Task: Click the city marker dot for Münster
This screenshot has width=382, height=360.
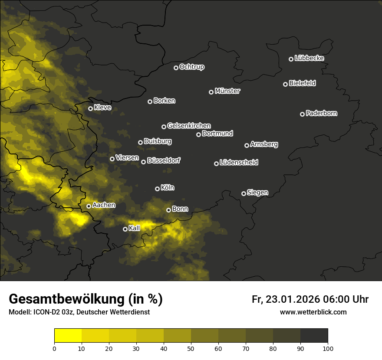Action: (x=211, y=92)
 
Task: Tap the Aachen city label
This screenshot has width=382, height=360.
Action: (x=104, y=205)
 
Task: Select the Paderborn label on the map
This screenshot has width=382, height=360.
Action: (x=321, y=113)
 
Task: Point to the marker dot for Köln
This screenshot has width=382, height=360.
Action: (x=157, y=189)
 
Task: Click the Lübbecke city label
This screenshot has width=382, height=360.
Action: (x=309, y=58)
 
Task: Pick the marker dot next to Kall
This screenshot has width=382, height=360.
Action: (x=125, y=229)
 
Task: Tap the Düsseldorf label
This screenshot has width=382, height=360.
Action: (x=163, y=160)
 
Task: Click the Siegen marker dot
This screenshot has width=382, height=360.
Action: (x=244, y=193)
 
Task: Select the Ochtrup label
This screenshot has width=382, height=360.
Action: (x=191, y=67)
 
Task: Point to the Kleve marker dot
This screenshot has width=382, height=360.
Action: (x=90, y=108)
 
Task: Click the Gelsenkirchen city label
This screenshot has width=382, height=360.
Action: (x=189, y=126)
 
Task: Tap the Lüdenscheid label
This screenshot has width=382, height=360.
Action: (x=239, y=163)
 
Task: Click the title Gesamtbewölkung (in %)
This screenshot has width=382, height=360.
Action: (x=86, y=299)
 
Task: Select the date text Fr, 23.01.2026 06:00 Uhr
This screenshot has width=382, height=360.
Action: (x=310, y=299)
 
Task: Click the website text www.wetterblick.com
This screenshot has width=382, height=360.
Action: (x=313, y=312)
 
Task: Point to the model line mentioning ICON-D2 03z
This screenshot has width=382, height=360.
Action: (x=79, y=312)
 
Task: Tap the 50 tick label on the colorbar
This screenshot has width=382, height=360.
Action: (x=191, y=348)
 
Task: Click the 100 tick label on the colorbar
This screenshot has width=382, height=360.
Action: (x=327, y=348)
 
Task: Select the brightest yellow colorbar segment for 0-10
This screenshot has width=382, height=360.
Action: (x=68, y=335)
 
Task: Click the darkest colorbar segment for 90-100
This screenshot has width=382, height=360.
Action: (x=314, y=335)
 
